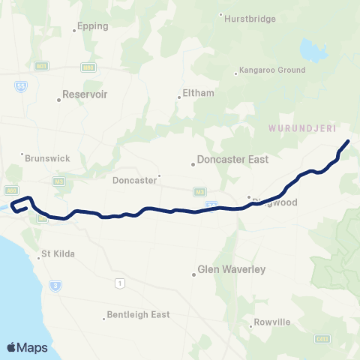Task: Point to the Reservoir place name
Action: (85, 95)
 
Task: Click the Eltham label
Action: (198, 94)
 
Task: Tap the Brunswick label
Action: (47, 159)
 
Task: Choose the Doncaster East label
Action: (232, 160)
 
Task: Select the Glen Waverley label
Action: (231, 268)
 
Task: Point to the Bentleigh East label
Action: (138, 315)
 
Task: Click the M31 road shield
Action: (42, 67)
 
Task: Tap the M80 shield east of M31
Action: (88, 67)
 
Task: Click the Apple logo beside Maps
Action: (11, 347)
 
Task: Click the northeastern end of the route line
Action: (348, 141)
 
